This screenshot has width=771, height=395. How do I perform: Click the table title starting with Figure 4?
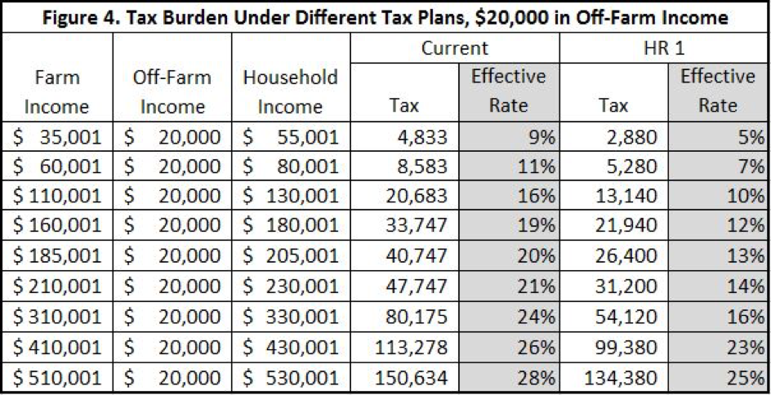pos(385,16)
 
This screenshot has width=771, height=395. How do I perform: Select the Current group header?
pos(454,48)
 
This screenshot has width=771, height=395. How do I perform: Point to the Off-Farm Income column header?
pos(172,91)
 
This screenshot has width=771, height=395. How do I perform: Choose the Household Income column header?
pos(290,91)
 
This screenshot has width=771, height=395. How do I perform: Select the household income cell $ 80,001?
pos(290,167)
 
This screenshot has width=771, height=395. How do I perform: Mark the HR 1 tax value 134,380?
pos(622,378)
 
